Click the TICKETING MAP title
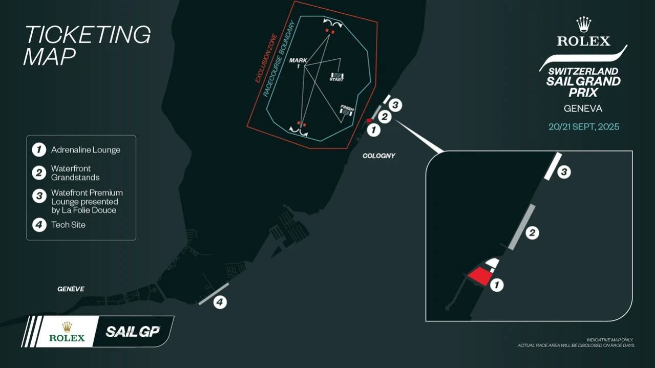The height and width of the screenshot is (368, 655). [x=87, y=45]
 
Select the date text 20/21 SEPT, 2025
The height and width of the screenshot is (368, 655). [x=583, y=126]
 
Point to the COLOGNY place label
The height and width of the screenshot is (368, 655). [x=378, y=156]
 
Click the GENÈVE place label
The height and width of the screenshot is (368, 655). [x=71, y=289]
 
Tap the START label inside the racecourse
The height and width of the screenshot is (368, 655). [x=336, y=80]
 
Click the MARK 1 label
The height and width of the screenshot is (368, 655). [x=298, y=63]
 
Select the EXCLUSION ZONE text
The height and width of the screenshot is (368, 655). [x=266, y=58]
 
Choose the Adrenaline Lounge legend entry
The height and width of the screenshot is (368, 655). [x=86, y=150]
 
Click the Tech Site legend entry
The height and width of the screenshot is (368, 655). [x=68, y=225]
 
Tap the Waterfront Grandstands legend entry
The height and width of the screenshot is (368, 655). [x=75, y=172]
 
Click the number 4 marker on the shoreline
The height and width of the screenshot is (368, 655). [x=219, y=302]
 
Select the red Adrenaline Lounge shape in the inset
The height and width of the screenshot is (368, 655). [x=479, y=276]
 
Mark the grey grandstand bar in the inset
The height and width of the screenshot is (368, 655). [x=522, y=227]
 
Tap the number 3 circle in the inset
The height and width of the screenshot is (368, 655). [x=563, y=172]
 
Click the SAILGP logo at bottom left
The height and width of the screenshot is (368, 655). [x=133, y=331]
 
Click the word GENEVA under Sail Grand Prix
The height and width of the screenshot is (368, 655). [x=583, y=109]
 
